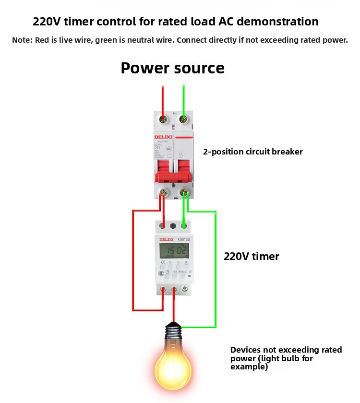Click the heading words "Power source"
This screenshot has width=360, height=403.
(172, 68)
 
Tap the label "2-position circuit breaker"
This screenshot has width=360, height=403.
(252, 152)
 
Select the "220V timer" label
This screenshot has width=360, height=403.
(251, 256)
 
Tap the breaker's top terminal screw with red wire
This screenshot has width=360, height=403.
(163, 119)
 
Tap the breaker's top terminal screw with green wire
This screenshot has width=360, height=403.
(183, 119)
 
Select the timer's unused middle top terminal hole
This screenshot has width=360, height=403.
(173, 225)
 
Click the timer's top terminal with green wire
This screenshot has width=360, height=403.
(183, 225)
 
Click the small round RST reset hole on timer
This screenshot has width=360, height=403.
(190, 276)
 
